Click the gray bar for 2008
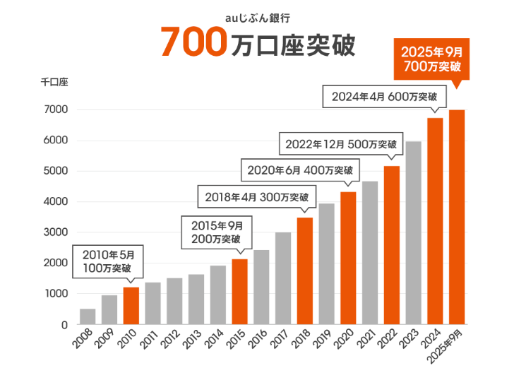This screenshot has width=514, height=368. click(88, 316)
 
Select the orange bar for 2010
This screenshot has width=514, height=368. click(131, 306)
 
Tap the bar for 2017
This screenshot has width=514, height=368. click(283, 278)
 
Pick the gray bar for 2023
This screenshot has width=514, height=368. click(413, 233)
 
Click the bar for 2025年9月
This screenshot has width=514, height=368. click(457, 217)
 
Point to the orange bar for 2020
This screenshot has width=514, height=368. click(348, 258)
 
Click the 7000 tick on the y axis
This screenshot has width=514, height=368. click(56, 109)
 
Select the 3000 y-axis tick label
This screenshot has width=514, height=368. click(56, 232)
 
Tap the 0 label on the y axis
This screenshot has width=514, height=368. click(64, 325)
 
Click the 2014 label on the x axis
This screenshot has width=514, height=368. click(214, 339)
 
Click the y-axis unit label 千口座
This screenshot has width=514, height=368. click(54, 82)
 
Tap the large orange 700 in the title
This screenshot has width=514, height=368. click(194, 42)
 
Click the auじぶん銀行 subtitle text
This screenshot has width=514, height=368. click(257, 18)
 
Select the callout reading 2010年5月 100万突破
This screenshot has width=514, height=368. click(108, 262)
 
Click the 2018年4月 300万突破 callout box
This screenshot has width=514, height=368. click(257, 197)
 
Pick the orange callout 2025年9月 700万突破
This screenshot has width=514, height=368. click(431, 59)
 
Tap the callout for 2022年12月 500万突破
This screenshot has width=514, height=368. click(341, 143)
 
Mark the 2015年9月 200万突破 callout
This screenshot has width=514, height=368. click(217, 232)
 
